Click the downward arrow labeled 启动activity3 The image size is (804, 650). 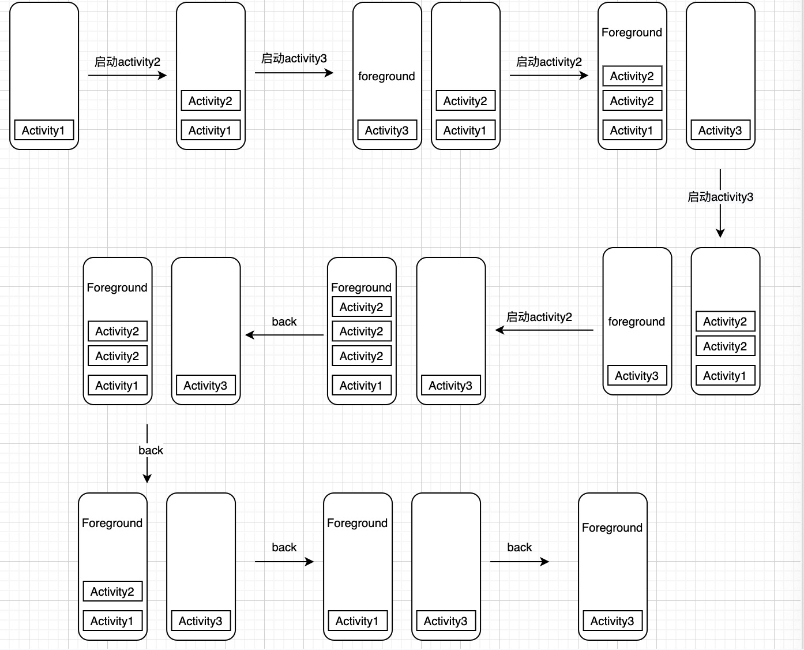720,219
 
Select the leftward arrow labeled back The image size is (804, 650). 284,335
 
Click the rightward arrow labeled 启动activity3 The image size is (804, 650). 294,73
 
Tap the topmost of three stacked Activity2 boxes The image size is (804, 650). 361,307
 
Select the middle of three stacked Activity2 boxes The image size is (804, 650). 361,331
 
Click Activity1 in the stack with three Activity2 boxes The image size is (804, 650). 361,386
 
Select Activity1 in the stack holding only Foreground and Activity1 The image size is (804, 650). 357,621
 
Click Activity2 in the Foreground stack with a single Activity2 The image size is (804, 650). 112,592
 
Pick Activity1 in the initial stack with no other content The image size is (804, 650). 43,130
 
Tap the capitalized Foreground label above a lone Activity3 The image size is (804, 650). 612,528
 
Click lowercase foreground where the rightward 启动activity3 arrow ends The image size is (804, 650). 386,76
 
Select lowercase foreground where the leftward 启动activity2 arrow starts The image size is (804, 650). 636,322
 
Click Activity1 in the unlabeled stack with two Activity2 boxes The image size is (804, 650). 724,376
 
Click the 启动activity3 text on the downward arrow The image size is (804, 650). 720,197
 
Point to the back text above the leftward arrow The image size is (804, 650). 284,322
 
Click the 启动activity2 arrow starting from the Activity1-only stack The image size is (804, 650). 127,75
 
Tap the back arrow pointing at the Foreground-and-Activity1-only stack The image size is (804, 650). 284,561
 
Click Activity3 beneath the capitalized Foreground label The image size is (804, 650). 612,621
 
